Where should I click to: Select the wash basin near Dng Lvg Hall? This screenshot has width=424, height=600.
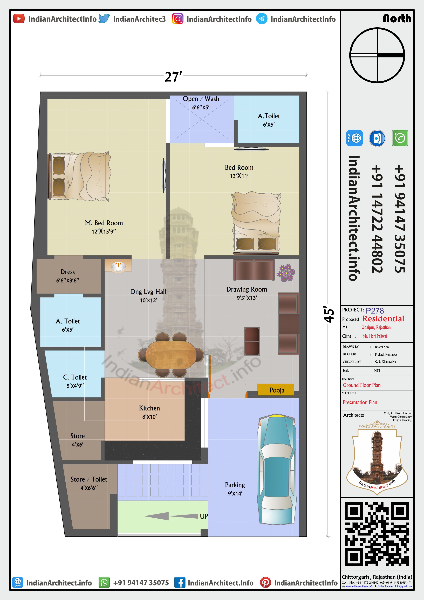tap(118, 266)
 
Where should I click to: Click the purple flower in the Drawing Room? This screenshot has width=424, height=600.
tap(286, 273)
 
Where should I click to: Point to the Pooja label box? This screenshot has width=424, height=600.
tap(276, 390)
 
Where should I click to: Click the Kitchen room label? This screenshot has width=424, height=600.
tap(149, 408)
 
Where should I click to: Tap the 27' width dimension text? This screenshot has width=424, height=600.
tap(173, 77)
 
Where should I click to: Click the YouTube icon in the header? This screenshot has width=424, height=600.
tap(19, 19)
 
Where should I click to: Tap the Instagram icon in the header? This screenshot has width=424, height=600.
tap(177, 19)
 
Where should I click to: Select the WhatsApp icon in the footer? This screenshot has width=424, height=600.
tap(104, 583)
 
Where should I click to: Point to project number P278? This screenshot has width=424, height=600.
tap(375, 311)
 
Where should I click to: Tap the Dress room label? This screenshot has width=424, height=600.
tap(68, 272)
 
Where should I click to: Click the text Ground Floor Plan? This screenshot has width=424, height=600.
tap(362, 385)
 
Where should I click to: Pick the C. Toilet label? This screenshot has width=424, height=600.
tap(75, 377)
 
